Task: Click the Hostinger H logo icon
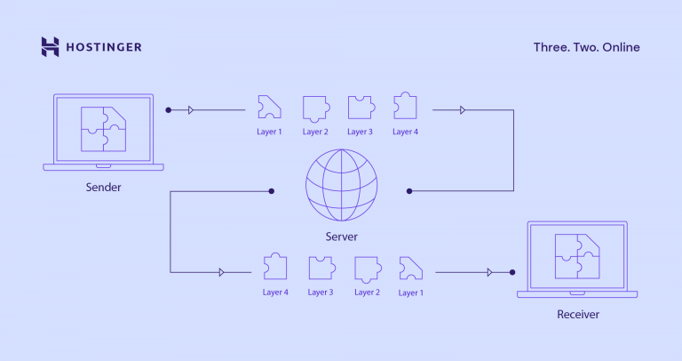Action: coord(51,47)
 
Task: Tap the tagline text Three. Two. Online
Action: coord(586,47)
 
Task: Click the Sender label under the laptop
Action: coord(103,188)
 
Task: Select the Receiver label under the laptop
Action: coord(578,314)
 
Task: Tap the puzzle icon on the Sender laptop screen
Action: coord(103,129)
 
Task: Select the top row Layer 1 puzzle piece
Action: coord(268,108)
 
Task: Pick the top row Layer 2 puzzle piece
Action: coord(314,108)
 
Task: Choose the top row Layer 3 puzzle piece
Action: coord(360,108)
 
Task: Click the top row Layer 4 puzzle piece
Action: coord(405,108)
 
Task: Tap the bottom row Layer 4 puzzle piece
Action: coord(275,269)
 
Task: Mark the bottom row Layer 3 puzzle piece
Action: coord(321,269)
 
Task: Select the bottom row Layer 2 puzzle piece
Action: coord(366,269)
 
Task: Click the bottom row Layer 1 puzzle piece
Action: coord(410,269)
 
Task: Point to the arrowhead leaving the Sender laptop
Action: coord(190,110)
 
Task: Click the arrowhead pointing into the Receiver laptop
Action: coord(489,272)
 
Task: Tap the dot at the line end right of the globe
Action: coord(409,190)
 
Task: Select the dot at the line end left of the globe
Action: coord(272,190)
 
